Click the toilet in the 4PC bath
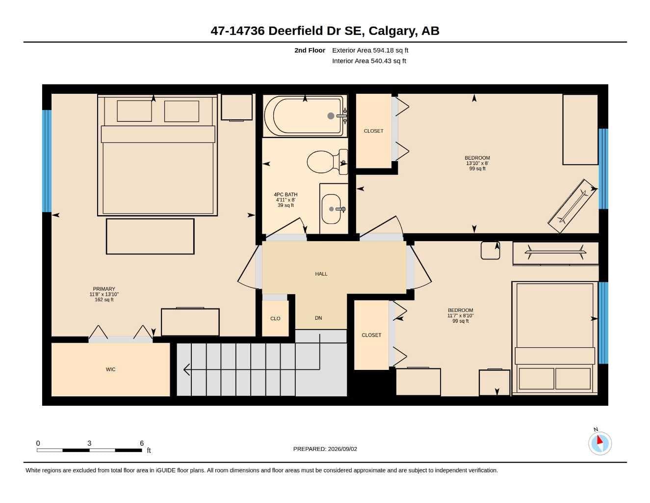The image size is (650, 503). coord(327,162)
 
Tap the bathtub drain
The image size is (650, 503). coord(331,116)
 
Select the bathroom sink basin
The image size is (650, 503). coord(331,209)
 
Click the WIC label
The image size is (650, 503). coord(110,369)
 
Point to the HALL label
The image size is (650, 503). coord(321,274)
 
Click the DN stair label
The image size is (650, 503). coord(318,318)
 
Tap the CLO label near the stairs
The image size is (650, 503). coord(275,319)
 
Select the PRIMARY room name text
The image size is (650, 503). coord(104,289)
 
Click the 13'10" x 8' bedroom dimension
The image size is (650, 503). coord(477,163)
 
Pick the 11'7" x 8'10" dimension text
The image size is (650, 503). coord(460,315)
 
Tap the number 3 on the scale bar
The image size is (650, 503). coord(89,443)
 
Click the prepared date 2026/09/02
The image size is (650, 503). coord(342,449)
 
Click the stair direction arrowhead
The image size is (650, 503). coord(186,369)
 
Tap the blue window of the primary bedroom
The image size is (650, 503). coord(47,161)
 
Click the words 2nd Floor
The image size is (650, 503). coord(310,50)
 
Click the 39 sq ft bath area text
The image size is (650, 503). coord(286,205)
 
